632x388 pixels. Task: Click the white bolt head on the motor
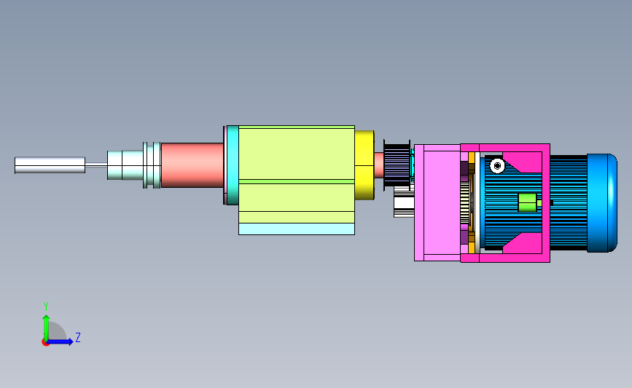497,165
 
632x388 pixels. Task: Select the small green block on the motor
528,202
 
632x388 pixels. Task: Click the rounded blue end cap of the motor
602,203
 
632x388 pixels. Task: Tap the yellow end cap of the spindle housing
364,165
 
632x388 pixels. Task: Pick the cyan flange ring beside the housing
233,165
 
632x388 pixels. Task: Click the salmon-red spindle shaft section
192,165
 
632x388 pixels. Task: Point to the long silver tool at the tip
50,165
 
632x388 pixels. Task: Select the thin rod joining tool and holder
96,165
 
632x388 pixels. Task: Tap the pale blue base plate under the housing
297,229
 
